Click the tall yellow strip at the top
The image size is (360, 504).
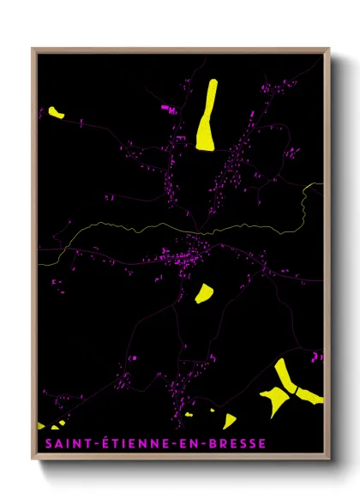coord(207,115)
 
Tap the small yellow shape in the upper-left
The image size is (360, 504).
coord(57,111)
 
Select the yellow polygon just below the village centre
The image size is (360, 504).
coord(205,294)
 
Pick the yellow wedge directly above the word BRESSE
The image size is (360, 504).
coord(229,421)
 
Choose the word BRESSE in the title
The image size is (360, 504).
coord(225,443)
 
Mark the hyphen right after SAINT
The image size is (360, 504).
coord(83,444)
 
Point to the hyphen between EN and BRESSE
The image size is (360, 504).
coord(195,444)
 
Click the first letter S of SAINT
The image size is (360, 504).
coord(43,443)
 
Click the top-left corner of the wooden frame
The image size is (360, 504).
coord(33,49)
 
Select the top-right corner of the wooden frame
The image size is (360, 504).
coord(329,49)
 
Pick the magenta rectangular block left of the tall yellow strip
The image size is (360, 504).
coord(166,108)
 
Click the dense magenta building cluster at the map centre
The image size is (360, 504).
coord(189,255)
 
